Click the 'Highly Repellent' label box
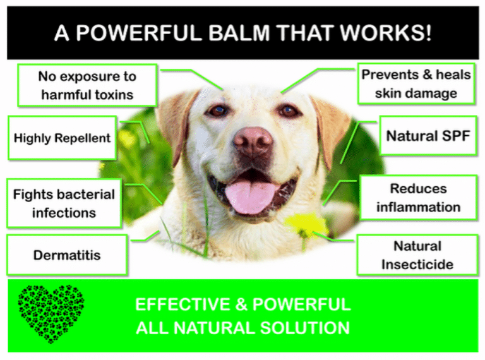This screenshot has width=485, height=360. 62,138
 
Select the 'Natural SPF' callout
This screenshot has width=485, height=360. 428,136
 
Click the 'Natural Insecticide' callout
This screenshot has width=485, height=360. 417,255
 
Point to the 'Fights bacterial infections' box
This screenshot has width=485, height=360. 64,203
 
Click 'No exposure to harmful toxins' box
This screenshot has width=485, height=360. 87,86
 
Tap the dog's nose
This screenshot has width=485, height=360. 252,141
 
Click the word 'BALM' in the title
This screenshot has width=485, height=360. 234,33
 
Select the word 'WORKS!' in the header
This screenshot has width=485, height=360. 390,33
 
